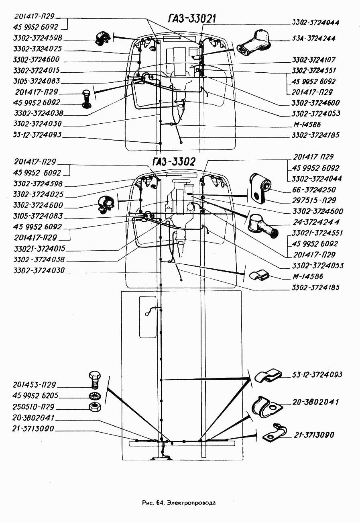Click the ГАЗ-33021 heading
coord(191,18)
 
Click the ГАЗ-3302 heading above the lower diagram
coord(174,161)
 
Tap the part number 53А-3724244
coord(313,38)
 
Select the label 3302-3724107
coord(313,60)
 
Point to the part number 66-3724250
coord(314,190)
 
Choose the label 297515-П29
coord(314,200)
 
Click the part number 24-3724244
coord(316,222)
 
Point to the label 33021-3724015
coord(40,248)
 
